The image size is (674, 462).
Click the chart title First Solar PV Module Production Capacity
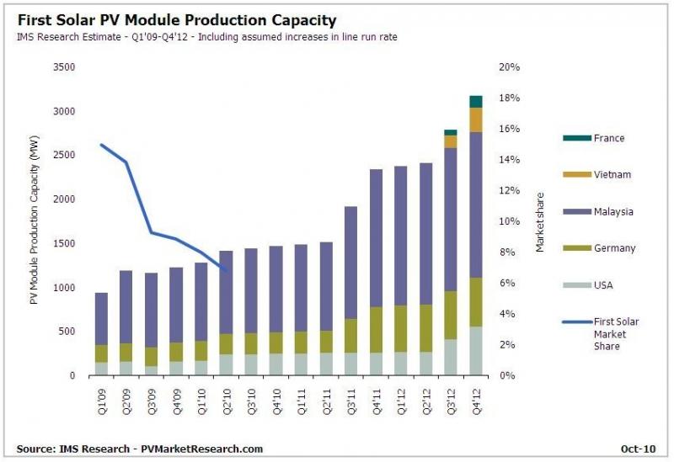(x=176, y=19)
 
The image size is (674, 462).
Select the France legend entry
(x=608, y=138)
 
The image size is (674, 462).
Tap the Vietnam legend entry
(x=612, y=175)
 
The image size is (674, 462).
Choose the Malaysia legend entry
(x=613, y=212)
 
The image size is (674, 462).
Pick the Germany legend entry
(x=614, y=248)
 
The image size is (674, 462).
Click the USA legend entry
(x=604, y=285)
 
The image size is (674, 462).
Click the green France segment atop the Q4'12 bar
(x=475, y=102)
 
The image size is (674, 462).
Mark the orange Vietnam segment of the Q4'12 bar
(x=475, y=120)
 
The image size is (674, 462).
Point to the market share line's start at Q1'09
(x=102, y=145)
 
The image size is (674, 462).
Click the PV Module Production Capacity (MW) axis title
(x=35, y=222)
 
